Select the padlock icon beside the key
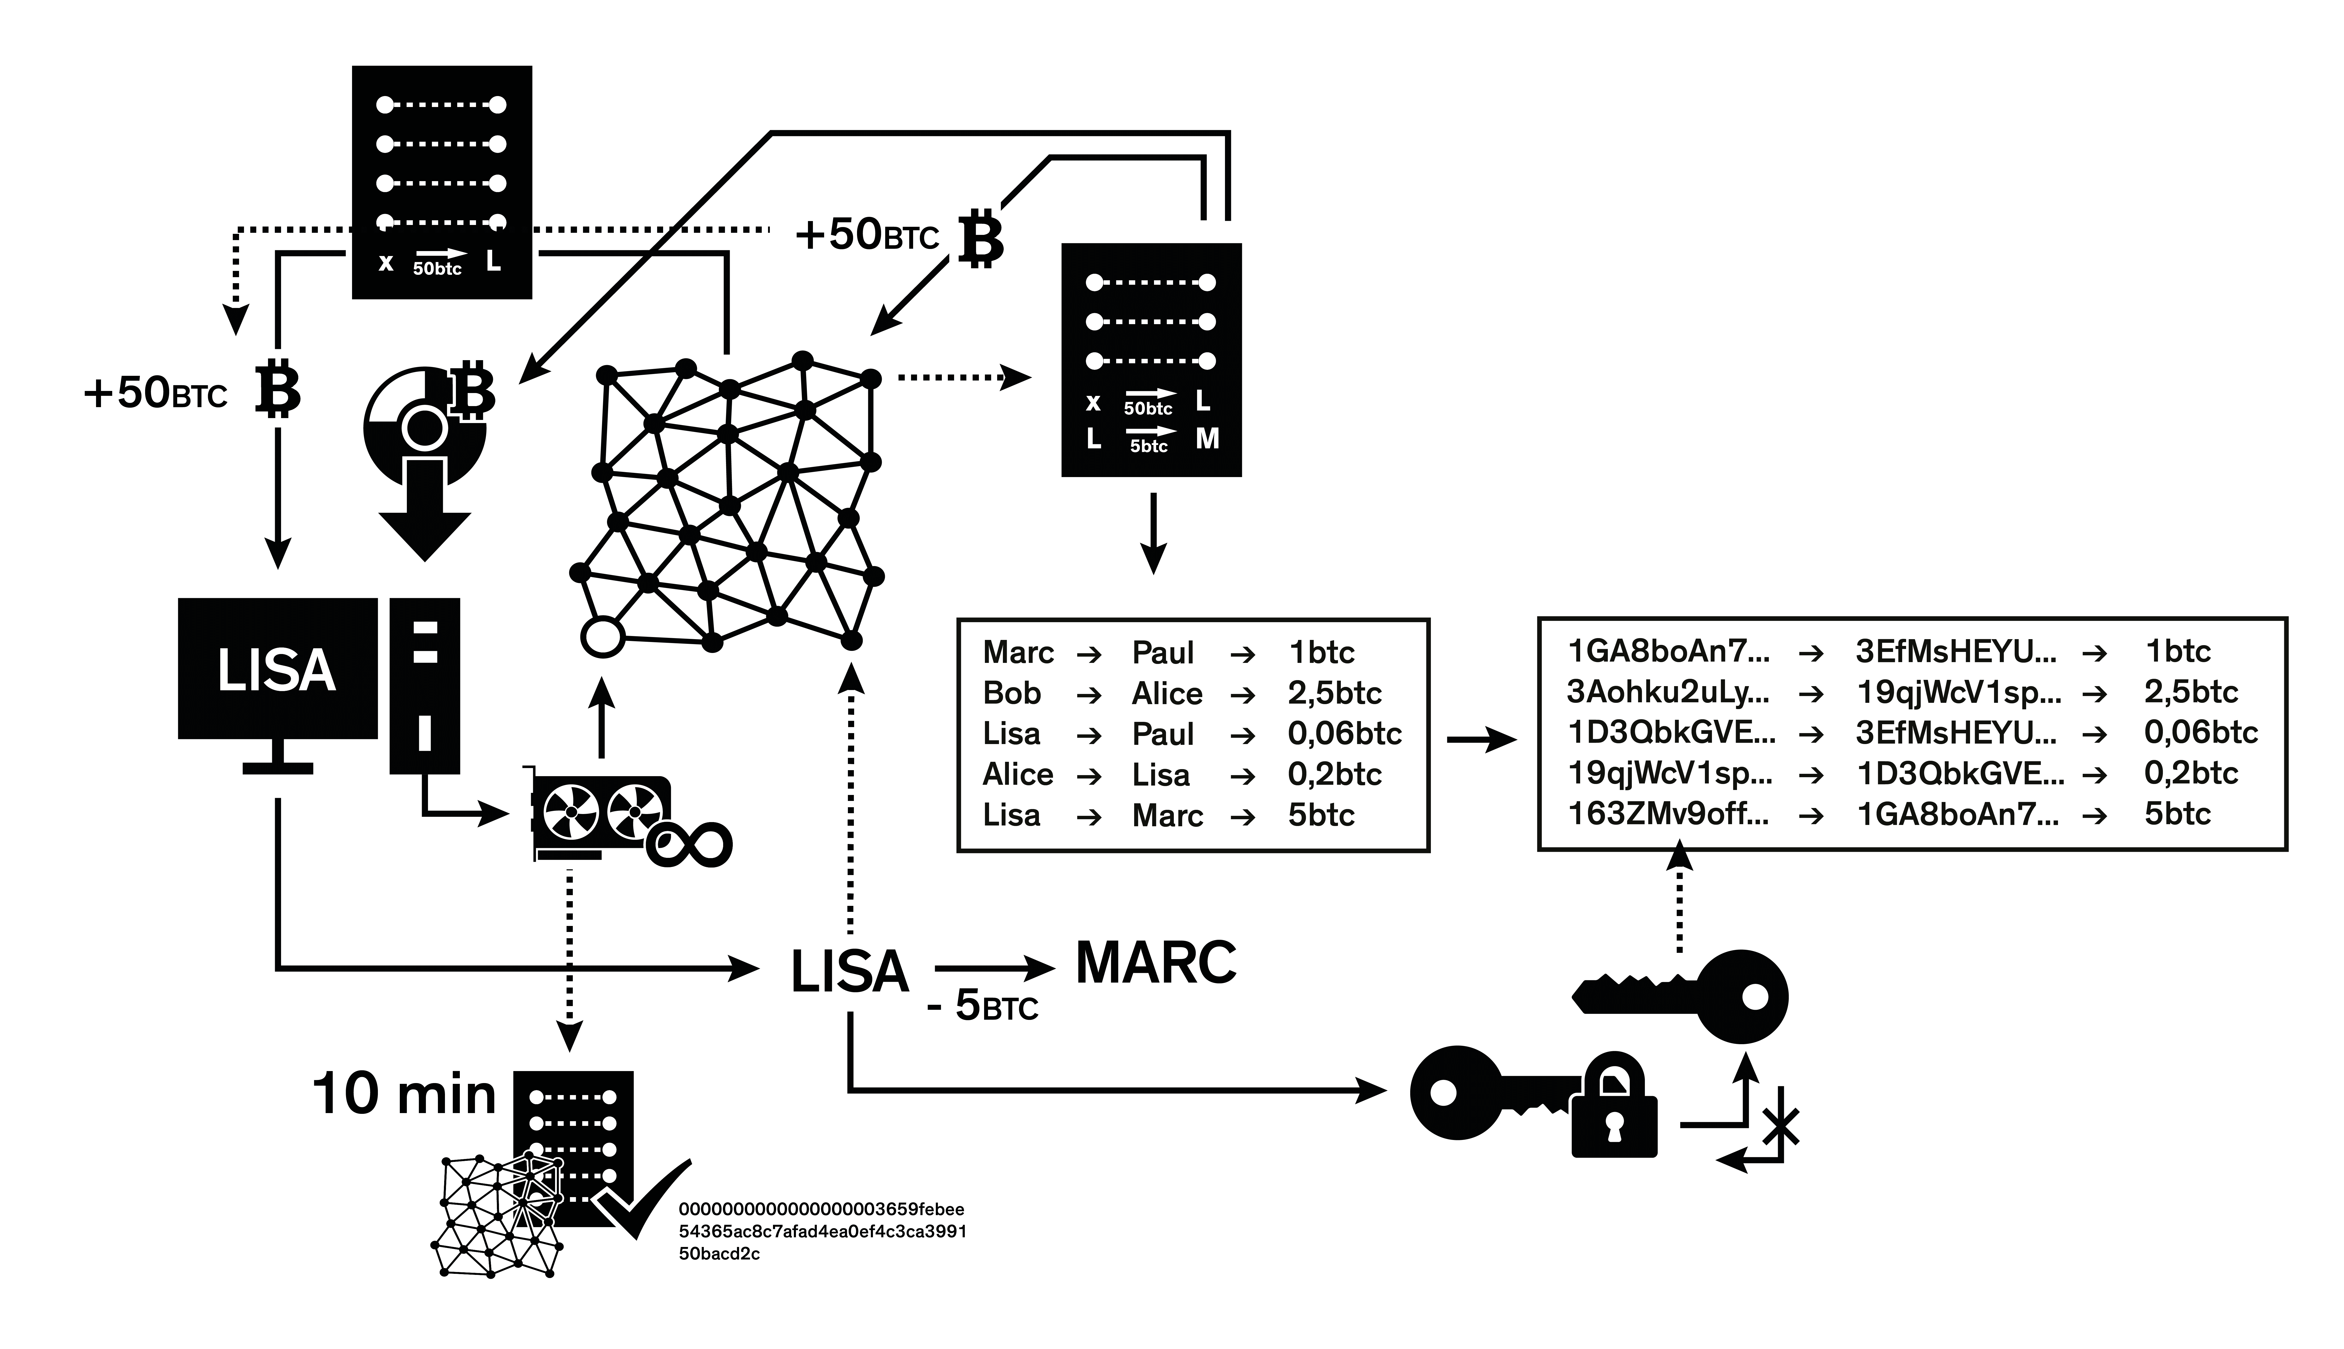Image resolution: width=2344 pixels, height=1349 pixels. [x=1614, y=1105]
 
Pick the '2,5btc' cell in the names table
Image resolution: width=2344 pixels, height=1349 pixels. [x=1334, y=693]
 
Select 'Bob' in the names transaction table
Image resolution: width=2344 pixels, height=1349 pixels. [x=1012, y=693]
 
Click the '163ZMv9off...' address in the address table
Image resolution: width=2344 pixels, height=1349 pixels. [x=1668, y=813]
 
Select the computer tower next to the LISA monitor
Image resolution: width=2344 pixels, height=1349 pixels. [x=424, y=686]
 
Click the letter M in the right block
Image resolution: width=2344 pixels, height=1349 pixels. [x=1207, y=439]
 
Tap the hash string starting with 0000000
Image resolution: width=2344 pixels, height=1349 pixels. [x=823, y=1231]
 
